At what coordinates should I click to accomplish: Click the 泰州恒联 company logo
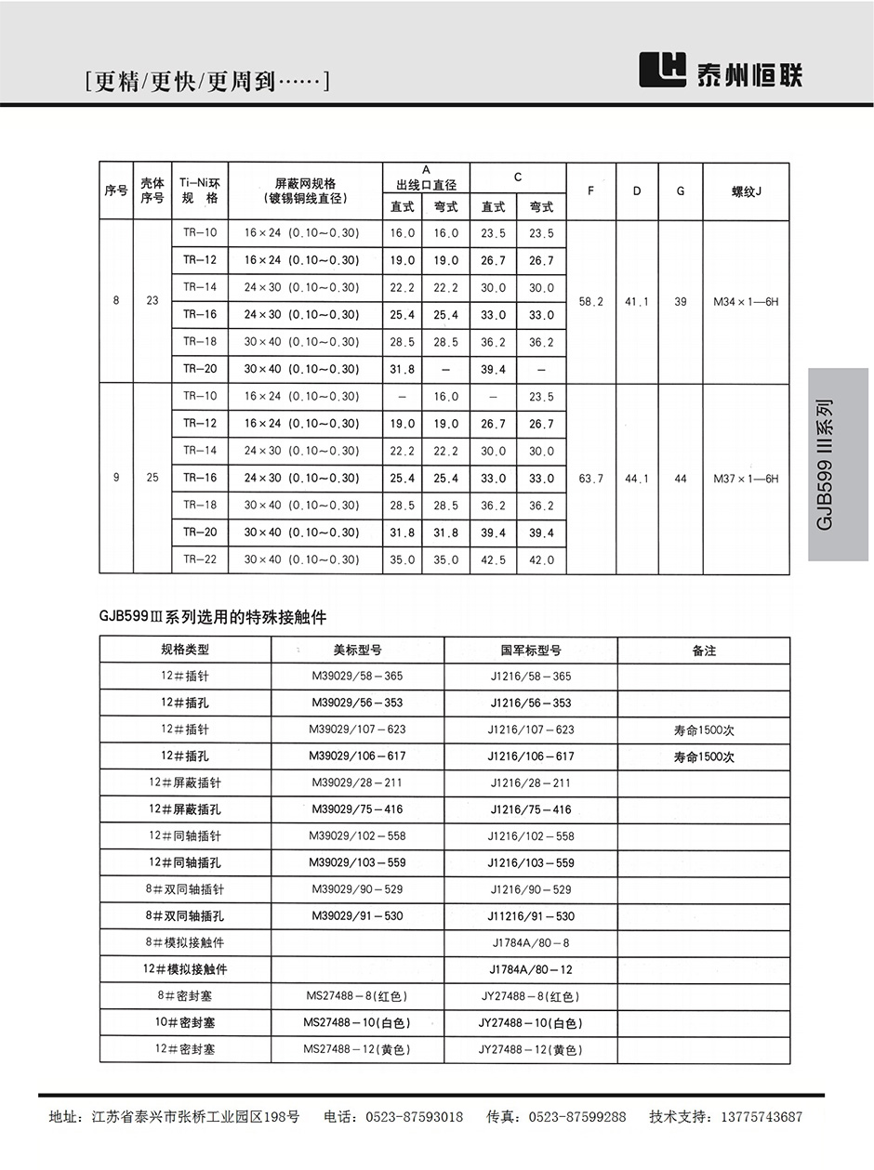point(721,70)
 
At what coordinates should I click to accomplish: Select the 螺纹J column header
point(746,191)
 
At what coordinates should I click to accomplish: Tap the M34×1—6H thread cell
point(746,302)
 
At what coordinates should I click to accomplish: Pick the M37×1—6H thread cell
point(746,479)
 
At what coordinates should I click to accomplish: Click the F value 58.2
point(591,302)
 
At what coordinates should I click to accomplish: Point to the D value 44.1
point(637,479)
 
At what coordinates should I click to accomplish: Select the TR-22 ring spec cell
point(200,559)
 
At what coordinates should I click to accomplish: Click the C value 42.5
point(493,560)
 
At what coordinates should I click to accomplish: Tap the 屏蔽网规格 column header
point(305,191)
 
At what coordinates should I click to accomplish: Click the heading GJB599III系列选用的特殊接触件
point(213,616)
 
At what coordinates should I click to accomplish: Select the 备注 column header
point(704,651)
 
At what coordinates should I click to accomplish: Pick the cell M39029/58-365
point(358,677)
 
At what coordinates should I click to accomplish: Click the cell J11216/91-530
point(531,916)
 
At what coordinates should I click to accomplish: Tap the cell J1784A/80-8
point(531,942)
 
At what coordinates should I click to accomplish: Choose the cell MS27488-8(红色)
point(358,996)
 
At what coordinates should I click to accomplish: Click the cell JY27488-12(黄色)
point(531,1050)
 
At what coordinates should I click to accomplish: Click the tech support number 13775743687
point(751,1117)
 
